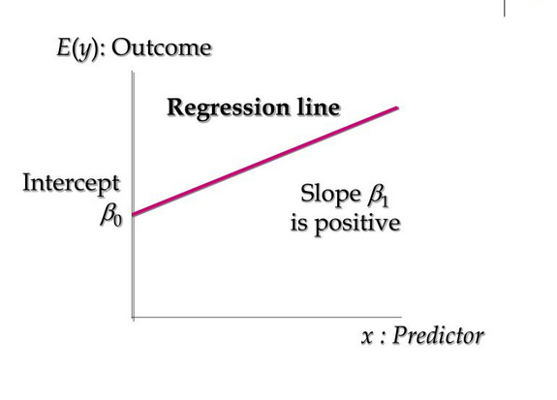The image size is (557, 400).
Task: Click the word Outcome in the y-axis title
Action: (162, 47)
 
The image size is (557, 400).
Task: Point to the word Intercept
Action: (71, 183)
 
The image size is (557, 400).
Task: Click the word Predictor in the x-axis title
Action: (438, 336)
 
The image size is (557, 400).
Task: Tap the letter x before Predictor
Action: (366, 337)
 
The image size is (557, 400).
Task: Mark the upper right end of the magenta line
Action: (397, 108)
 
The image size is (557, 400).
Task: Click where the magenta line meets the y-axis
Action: (133, 214)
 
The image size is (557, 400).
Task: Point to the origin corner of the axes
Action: (133, 317)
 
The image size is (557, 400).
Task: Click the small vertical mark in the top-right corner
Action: (504, 8)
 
